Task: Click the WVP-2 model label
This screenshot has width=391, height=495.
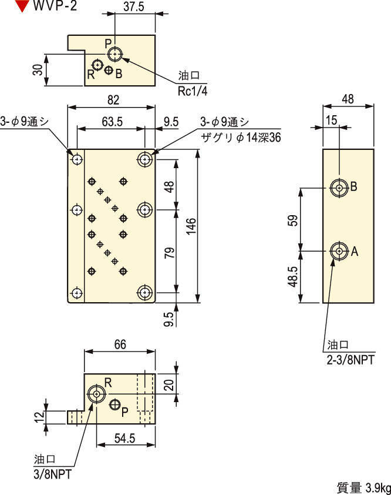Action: pos(55,6)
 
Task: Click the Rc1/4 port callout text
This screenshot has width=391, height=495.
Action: pos(193,91)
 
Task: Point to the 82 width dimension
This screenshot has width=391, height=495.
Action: pos(112,101)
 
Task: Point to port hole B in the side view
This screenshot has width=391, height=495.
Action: pos(339,188)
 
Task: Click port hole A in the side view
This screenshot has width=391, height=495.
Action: pos(339,251)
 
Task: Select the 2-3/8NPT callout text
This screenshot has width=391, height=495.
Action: pos(350,356)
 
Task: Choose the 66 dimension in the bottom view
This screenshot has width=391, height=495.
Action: pos(120,345)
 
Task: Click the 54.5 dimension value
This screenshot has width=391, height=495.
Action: pos(125,439)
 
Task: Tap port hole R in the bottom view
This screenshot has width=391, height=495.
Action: pos(95,394)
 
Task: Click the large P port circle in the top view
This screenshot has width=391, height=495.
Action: pos(115,55)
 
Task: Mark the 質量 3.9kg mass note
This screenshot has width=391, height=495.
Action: pos(363,487)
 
